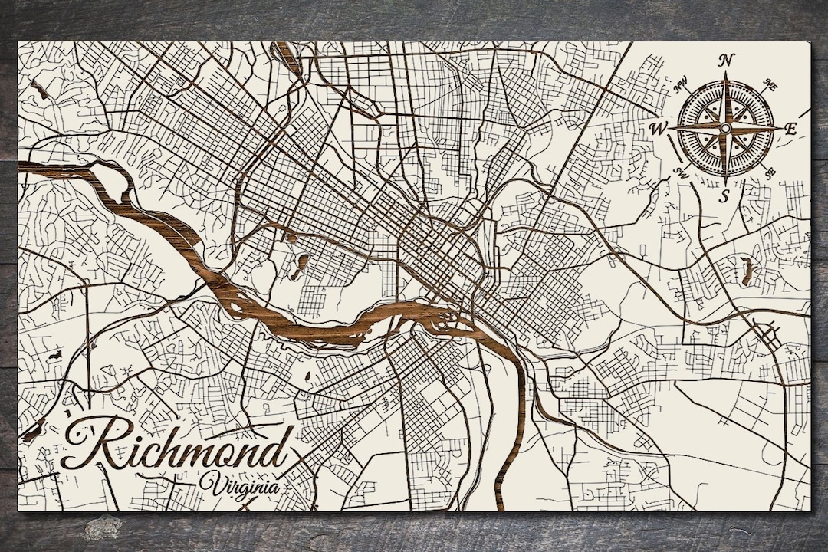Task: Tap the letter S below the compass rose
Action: (x=724, y=196)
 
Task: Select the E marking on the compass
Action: (x=790, y=130)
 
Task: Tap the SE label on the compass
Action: (x=770, y=172)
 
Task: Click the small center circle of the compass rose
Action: (x=724, y=128)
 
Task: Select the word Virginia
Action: (x=238, y=485)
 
